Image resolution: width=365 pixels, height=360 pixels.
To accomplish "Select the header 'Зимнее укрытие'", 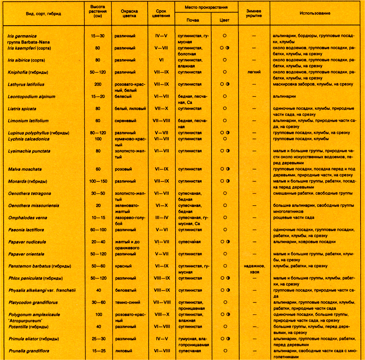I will pyautogui.click(x=254, y=13).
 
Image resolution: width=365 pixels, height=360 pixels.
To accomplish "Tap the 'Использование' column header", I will pyautogui.click(x=315, y=13).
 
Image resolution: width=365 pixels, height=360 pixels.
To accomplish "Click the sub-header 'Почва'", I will pyautogui.click(x=193, y=19).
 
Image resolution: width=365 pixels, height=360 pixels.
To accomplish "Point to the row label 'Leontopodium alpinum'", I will pyautogui.click(x=31, y=97).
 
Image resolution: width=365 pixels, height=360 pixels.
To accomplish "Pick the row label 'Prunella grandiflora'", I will pyautogui.click(x=28, y=351).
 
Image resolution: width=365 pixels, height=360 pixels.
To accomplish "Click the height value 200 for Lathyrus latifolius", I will pyautogui.click(x=97, y=84).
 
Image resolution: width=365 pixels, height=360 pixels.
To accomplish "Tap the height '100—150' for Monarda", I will pyautogui.click(x=97, y=181).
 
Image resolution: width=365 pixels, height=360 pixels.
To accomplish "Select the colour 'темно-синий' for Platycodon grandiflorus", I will pyautogui.click(x=126, y=302).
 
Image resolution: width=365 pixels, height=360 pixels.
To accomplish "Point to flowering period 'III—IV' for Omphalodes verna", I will pyautogui.click(x=161, y=218).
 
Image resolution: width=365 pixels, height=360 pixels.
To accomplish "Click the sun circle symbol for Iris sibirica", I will pyautogui.click(x=224, y=60).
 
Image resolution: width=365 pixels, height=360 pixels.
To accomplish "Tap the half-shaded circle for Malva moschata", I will pyautogui.click(x=228, y=169).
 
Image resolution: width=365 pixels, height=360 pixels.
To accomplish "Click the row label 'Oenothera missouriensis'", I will pyautogui.click(x=34, y=205).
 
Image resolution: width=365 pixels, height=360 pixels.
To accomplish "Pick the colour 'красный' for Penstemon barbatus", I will pyautogui.click(x=123, y=266).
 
